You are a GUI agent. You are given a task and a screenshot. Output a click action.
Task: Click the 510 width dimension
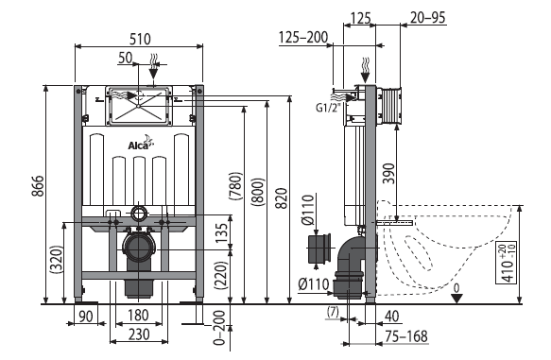(x=140, y=39)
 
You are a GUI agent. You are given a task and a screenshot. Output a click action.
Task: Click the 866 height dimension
(x=38, y=186)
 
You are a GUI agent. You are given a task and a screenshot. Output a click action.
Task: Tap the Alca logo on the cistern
(x=141, y=143)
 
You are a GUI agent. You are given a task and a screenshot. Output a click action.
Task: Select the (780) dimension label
(x=235, y=186)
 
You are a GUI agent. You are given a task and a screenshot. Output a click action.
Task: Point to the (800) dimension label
(x=258, y=192)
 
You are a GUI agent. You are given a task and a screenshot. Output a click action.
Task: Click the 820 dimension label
(x=281, y=198)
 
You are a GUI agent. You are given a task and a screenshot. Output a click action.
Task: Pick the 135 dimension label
(x=221, y=233)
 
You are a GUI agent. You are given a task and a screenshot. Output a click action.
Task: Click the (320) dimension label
(x=57, y=260)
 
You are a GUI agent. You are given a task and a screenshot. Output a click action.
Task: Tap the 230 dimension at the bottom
(x=139, y=334)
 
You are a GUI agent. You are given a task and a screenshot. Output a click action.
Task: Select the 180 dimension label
(x=138, y=316)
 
